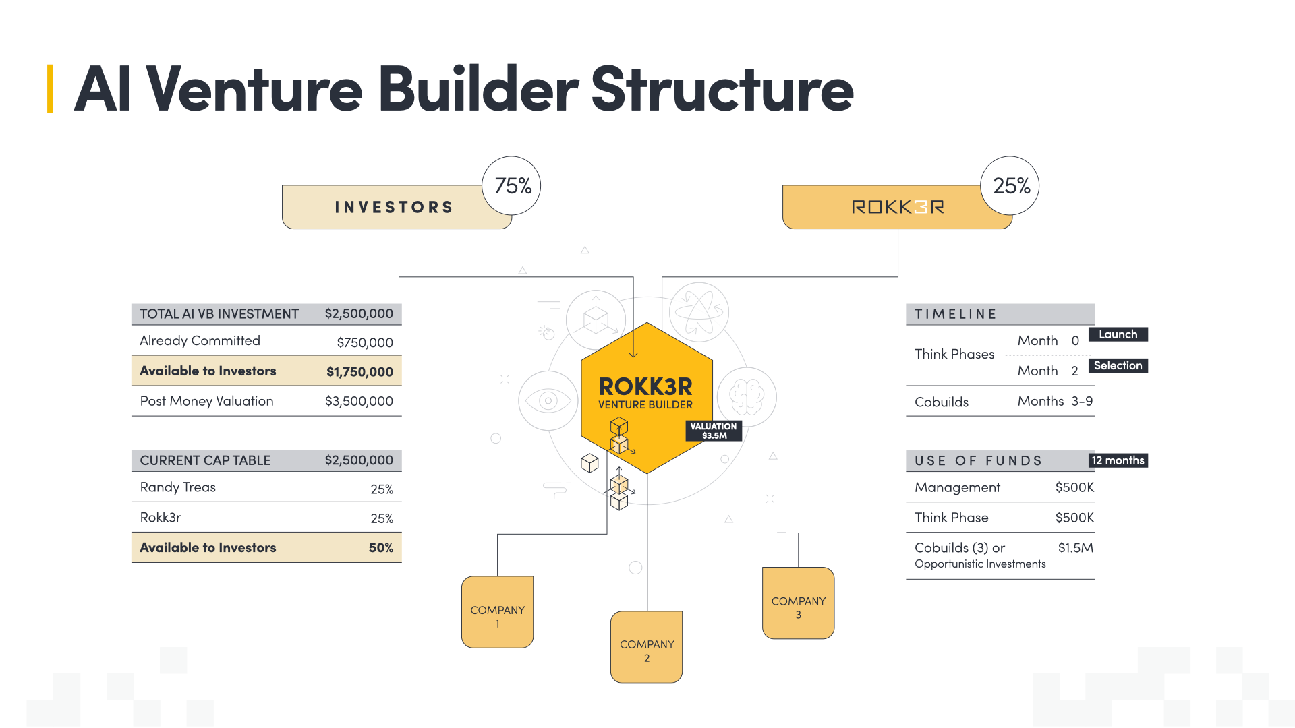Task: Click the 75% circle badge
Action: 512,186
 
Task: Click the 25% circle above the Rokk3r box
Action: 1010,186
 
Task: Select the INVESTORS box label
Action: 394,207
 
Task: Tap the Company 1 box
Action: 497,612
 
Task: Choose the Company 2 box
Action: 646,647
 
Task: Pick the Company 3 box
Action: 798,603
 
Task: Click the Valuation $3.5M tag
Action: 714,431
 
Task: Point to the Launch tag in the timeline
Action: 1118,334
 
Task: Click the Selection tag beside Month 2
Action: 1118,365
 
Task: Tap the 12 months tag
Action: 1118,460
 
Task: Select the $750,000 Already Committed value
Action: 365,342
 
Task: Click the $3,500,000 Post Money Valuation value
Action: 359,401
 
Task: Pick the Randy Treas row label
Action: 178,487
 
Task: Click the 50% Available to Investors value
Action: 380,548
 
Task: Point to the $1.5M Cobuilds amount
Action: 1075,548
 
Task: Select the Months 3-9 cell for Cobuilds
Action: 1055,402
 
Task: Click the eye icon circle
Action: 548,400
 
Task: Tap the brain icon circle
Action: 746,396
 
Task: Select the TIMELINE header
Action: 955,314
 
